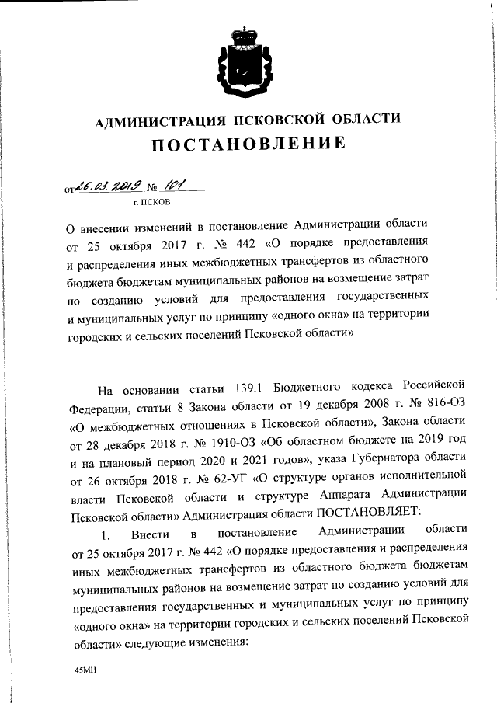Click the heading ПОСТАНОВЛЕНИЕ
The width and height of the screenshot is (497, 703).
pos(247,144)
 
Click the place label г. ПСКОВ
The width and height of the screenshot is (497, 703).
pos(150,202)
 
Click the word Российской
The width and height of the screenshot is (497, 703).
pos(429,387)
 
